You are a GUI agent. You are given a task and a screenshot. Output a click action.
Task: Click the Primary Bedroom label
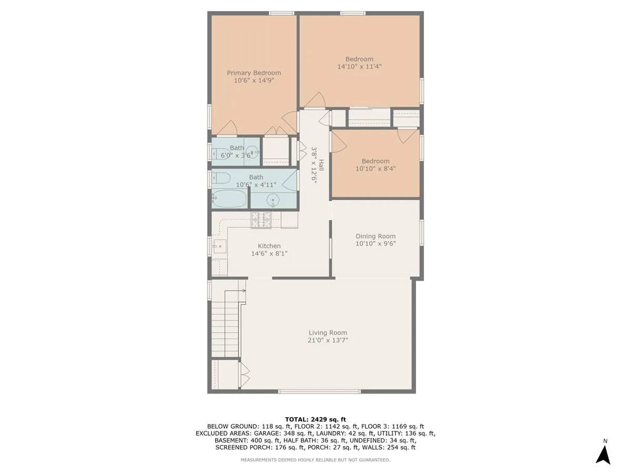[253, 73]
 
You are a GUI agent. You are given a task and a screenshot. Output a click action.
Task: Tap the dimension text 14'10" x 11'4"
[359, 67]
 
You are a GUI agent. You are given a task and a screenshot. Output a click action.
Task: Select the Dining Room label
[375, 236]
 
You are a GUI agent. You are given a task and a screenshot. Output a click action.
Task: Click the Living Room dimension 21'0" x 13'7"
[328, 340]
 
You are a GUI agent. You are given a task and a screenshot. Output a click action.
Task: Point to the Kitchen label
[269, 245]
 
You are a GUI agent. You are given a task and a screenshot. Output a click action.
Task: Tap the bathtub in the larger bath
[230, 199]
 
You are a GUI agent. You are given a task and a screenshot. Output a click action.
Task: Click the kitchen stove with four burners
[261, 220]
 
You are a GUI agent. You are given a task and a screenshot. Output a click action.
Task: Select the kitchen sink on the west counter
[219, 245]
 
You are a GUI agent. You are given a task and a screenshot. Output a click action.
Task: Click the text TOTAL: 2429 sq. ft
[315, 418]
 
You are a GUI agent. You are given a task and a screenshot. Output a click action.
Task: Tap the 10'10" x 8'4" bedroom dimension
[375, 169]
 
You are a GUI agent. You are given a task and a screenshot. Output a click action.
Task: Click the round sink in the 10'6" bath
[273, 200]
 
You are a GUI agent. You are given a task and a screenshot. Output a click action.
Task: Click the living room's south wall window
[319, 392]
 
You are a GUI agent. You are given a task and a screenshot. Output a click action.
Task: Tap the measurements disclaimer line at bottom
[315, 460]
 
